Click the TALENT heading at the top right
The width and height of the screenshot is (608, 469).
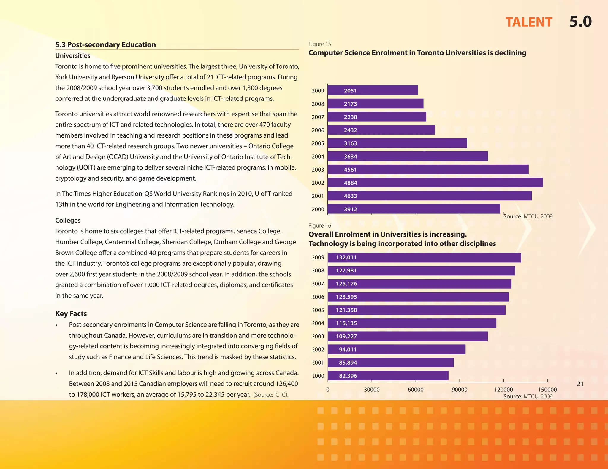coord(529,23)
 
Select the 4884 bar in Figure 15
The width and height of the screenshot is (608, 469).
coord(435,183)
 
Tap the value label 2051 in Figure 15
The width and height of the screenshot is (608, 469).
coord(350,91)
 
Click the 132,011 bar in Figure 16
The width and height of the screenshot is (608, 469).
coord(425,258)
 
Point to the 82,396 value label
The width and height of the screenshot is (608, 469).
coord(348,376)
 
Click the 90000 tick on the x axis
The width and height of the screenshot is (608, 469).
coord(460,390)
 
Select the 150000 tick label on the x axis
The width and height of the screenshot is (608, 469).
coord(547,390)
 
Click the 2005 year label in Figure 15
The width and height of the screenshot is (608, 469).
coord(318,143)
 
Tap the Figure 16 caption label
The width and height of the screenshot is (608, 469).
coord(320,226)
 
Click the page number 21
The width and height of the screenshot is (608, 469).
coord(580,384)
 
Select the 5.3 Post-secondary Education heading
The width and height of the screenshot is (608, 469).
coord(105,45)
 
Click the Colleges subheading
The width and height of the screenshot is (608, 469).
coord(68,221)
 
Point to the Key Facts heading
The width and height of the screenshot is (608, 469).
coord(71,314)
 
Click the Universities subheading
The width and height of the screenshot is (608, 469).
coord(73,56)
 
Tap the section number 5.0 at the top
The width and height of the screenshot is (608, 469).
coord(580,22)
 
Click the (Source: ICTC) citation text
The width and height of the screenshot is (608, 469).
coord(271,395)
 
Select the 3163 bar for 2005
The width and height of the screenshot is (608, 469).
coord(397,143)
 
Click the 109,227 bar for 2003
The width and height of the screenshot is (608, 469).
coord(408,336)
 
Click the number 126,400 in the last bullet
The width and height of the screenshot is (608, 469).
coord(287,384)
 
